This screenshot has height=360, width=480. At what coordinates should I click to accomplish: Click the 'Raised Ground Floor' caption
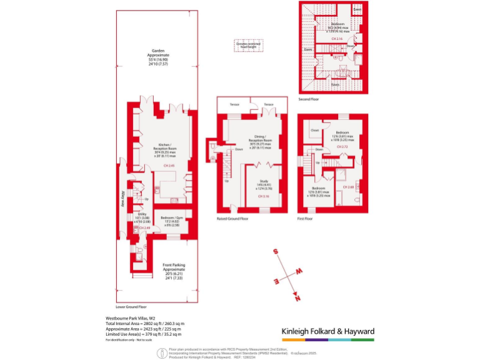click(232, 219)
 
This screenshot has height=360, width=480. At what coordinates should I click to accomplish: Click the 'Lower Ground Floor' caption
click(131, 307)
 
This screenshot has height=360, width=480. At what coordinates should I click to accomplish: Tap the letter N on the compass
click(298, 297)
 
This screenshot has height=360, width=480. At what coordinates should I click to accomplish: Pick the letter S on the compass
click(276, 251)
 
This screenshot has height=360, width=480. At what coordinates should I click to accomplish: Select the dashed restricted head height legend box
click(248, 45)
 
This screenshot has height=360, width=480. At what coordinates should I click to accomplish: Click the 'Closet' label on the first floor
click(314, 131)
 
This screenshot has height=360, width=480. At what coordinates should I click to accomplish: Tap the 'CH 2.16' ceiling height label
click(338, 39)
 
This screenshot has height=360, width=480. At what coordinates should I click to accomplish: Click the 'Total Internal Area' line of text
click(142, 323)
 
